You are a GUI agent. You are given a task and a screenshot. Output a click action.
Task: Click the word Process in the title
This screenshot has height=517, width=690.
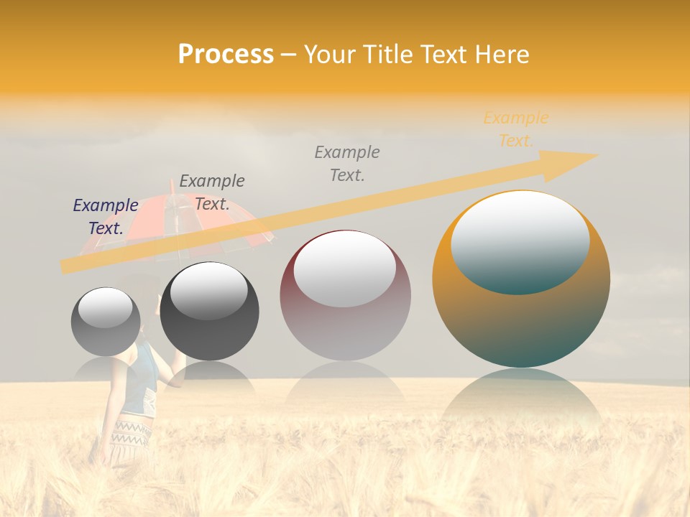226,55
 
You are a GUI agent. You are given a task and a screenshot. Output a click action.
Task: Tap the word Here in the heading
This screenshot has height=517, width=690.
504,55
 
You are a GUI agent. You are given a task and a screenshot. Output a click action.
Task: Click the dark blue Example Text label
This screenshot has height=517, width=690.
106,216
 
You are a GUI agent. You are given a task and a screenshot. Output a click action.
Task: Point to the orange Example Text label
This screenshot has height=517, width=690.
515,129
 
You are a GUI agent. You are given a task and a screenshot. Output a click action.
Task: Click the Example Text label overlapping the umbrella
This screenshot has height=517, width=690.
212,192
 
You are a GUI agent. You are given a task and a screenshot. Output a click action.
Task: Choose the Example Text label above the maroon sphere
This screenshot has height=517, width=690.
347,163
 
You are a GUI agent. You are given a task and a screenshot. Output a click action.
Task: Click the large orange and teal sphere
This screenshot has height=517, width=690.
521,316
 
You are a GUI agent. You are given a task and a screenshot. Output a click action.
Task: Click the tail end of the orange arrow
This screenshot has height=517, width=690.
68,266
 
